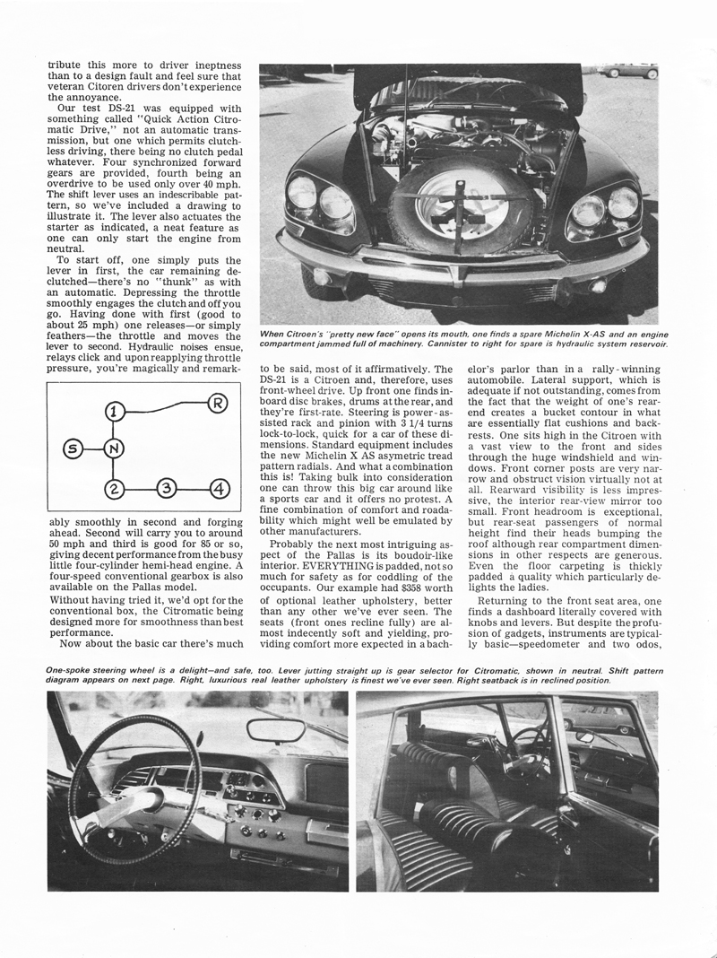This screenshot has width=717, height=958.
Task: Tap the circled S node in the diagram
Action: tap(71, 448)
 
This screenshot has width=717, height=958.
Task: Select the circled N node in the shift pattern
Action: tap(113, 448)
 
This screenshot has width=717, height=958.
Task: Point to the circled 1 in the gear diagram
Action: tap(114, 413)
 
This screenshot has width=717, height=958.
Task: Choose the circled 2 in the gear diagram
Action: tap(114, 489)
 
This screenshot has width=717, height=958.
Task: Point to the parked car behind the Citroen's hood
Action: tap(630, 71)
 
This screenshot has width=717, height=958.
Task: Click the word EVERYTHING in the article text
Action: tap(338, 567)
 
